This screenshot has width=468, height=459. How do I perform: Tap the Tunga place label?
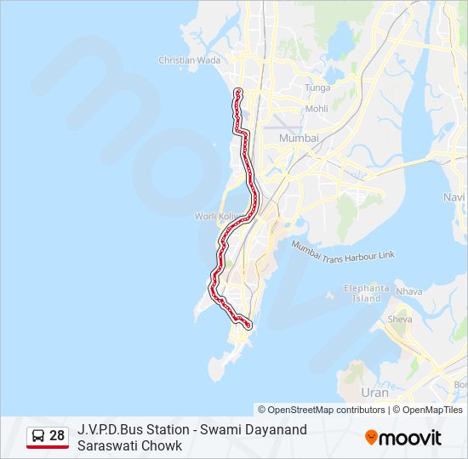point(317,88)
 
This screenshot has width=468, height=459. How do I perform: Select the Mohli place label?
point(317,109)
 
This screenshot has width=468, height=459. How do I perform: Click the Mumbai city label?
point(299,138)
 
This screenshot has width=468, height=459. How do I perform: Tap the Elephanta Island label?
point(367,293)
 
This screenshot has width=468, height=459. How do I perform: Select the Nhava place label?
point(408,292)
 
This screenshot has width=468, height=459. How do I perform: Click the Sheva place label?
point(399,320)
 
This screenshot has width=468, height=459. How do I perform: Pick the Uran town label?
point(374,393)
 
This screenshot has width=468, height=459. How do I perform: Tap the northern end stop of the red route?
point(237,91)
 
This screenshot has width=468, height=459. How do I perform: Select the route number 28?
point(57,436)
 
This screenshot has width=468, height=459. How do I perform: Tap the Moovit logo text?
point(411,438)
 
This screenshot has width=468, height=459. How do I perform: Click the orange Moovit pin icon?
point(371,438)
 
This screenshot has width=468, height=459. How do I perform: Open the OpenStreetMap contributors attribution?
point(322,410)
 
